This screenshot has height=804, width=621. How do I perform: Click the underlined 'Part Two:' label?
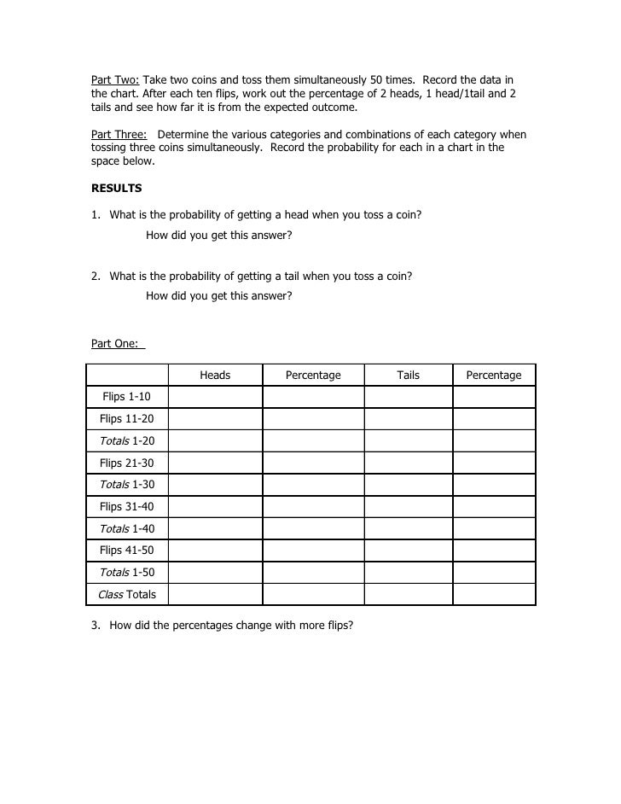[115, 79]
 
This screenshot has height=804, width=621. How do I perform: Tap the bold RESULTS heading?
[116, 188]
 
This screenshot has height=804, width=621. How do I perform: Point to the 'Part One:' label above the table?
[118, 344]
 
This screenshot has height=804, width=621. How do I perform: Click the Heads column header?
[215, 375]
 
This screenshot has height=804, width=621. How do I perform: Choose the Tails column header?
[408, 375]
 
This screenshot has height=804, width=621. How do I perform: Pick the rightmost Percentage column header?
[493, 375]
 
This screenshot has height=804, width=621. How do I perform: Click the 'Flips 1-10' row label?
[126, 397]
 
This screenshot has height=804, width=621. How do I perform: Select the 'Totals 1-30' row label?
[126, 485]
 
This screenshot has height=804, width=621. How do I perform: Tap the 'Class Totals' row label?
[126, 594]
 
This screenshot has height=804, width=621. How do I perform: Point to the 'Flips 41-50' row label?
[126, 551]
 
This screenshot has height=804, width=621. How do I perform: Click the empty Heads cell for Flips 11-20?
[215, 419]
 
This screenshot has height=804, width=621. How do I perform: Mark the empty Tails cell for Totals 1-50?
[408, 573]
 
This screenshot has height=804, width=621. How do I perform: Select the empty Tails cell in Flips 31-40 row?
[408, 507]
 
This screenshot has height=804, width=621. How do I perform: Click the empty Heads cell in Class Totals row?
[215, 594]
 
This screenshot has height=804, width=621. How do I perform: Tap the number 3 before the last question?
[95, 625]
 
